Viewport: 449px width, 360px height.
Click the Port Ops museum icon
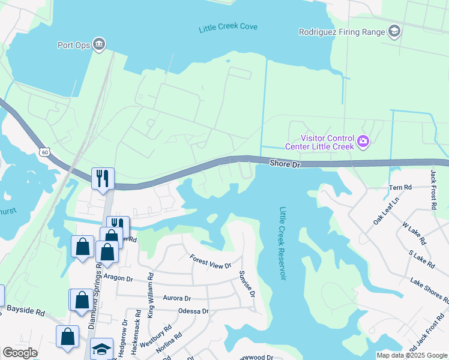tap(100, 44)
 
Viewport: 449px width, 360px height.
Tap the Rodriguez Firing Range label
tap(342, 32)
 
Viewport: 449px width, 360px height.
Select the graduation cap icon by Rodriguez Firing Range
tap(394, 31)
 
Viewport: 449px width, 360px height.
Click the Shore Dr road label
tap(284, 163)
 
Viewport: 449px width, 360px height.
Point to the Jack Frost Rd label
tap(433, 189)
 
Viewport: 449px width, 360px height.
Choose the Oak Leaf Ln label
tap(385, 212)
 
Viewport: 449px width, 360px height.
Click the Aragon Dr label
tap(117, 278)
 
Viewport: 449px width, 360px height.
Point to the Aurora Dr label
tap(176, 298)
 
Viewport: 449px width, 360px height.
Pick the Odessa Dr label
tap(193, 311)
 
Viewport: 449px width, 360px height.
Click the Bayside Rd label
tap(26, 312)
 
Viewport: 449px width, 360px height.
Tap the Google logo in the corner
tap(19, 353)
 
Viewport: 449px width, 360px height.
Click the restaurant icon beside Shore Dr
tap(102, 178)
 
